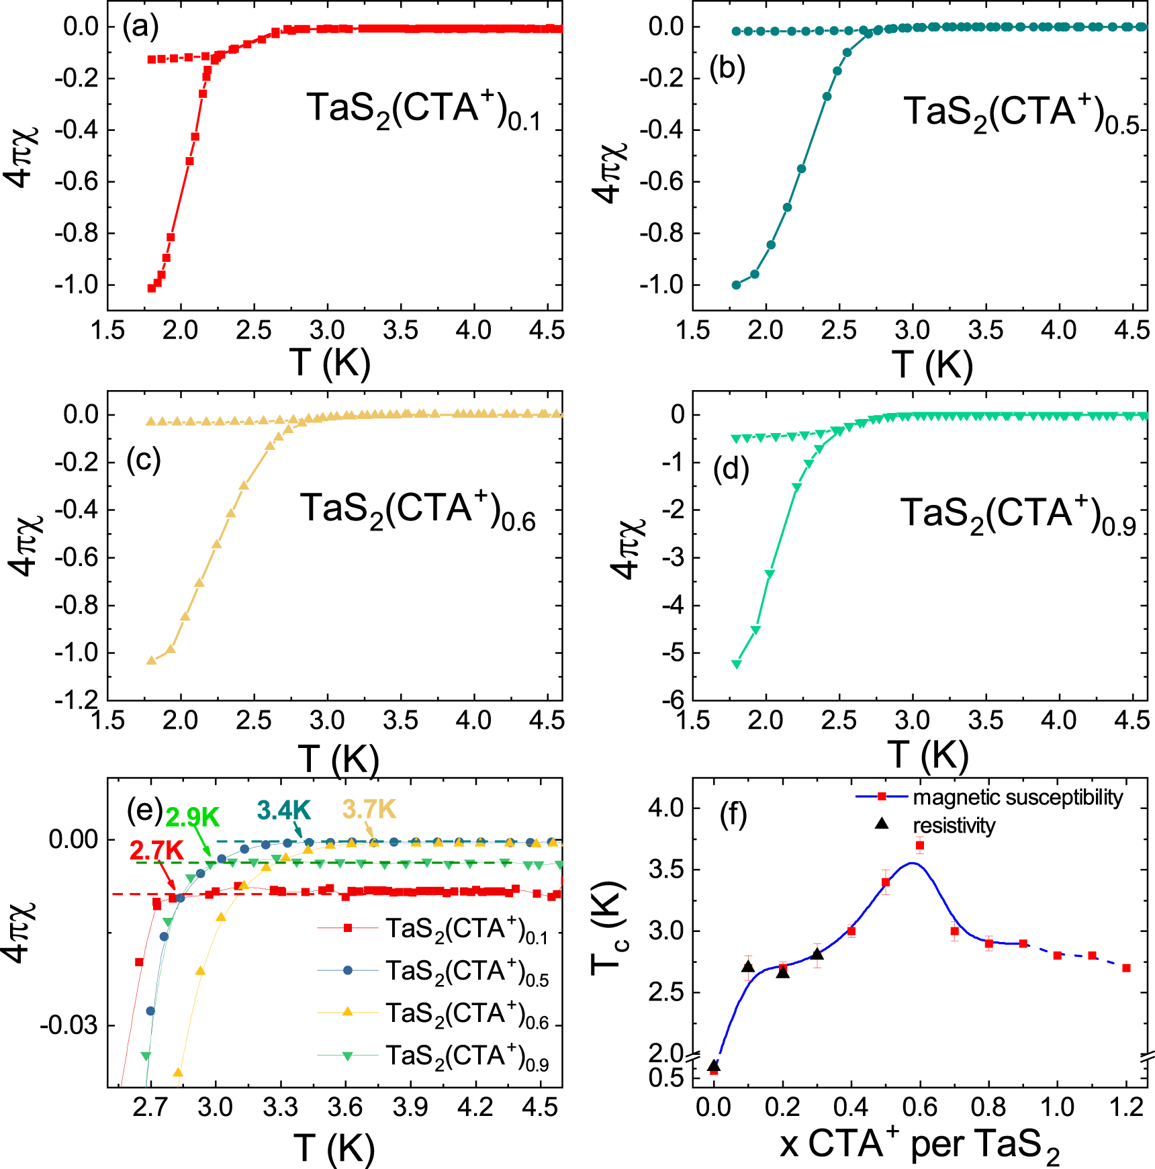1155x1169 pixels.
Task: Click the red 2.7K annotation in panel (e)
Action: tap(156, 851)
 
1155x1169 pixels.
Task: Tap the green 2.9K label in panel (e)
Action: tap(193, 817)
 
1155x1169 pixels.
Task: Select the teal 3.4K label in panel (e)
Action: tap(283, 810)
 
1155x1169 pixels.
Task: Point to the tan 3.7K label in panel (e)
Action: tap(369, 809)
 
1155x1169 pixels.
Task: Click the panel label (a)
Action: tap(140, 27)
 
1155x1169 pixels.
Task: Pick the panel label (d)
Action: tap(731, 469)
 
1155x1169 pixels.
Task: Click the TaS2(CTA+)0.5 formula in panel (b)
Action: tap(1021, 113)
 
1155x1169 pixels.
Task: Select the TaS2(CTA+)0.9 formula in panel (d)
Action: tap(1017, 515)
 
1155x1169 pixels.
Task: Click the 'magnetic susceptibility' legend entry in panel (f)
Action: tap(1017, 797)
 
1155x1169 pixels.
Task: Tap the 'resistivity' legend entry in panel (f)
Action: tap(954, 825)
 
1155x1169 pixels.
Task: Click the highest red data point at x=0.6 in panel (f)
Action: tap(920, 845)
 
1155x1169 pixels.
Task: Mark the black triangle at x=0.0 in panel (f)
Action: tap(714, 1066)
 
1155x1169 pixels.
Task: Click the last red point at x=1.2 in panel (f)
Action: tap(1126, 968)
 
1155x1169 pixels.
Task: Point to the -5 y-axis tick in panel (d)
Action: tap(676, 653)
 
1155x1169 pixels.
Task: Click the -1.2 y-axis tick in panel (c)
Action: tap(76, 700)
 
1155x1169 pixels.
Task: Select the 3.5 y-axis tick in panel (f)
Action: tap(665, 870)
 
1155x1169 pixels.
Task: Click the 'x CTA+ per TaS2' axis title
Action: tap(920, 1143)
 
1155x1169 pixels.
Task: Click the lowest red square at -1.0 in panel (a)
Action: tap(152, 288)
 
